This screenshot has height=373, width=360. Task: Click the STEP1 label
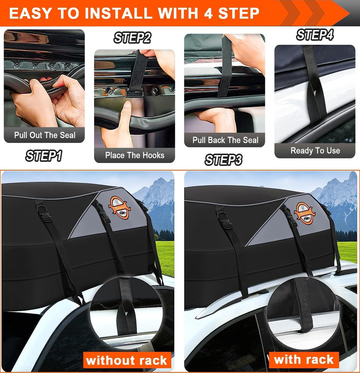pyautogui.click(x=44, y=156)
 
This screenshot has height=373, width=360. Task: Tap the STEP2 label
pyautogui.click(x=132, y=38)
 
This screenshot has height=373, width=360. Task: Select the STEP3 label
pyautogui.click(x=223, y=160)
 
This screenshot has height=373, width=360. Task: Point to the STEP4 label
pyautogui.click(x=315, y=35)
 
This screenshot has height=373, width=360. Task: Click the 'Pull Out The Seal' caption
pyautogui.click(x=45, y=135)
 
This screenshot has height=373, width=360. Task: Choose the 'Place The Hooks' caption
pyautogui.click(x=135, y=155)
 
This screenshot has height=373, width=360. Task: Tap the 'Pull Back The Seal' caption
pyautogui.click(x=225, y=140)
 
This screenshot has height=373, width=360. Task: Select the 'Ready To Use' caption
pyautogui.click(x=315, y=151)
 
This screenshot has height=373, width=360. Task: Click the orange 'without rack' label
pyautogui.click(x=126, y=360)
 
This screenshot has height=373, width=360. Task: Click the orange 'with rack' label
pyautogui.click(x=304, y=359)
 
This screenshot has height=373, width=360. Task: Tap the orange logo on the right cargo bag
pyautogui.click(x=305, y=213)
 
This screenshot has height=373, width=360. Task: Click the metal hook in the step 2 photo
pyautogui.click(x=135, y=94)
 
